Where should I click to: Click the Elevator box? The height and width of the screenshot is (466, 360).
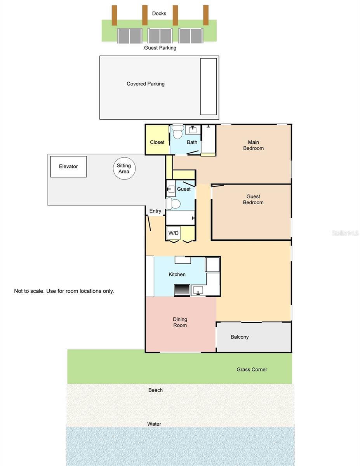pos(68,166)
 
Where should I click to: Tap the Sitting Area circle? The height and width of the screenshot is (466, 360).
pos(124,169)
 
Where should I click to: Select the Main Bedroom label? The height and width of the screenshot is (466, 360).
pos(253,145)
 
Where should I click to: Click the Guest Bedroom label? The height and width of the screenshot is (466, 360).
pos(253,200)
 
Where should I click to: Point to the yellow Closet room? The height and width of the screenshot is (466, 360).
pos(157,142)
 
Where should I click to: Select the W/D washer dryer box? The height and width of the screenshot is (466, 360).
pos(173,233)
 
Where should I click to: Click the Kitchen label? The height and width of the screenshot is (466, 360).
pos(177,275)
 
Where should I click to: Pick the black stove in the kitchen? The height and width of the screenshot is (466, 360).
pos(182,290)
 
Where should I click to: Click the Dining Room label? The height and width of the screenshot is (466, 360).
pos(180,322)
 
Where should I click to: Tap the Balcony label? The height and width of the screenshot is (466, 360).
pos(240,337)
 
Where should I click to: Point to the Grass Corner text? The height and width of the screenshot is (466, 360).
pos(252,370)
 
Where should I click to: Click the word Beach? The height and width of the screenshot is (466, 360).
pos(155,390)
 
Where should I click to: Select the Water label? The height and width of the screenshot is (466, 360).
pos(154,424)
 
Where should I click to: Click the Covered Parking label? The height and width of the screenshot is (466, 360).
pos(146,84)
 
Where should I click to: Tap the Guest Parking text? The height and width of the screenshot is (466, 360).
pos(160,48)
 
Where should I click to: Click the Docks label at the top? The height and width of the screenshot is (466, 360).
pos(159,14)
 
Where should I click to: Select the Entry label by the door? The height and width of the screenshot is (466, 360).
pos(155,211)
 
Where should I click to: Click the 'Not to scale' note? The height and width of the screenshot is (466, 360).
pos(64,291)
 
